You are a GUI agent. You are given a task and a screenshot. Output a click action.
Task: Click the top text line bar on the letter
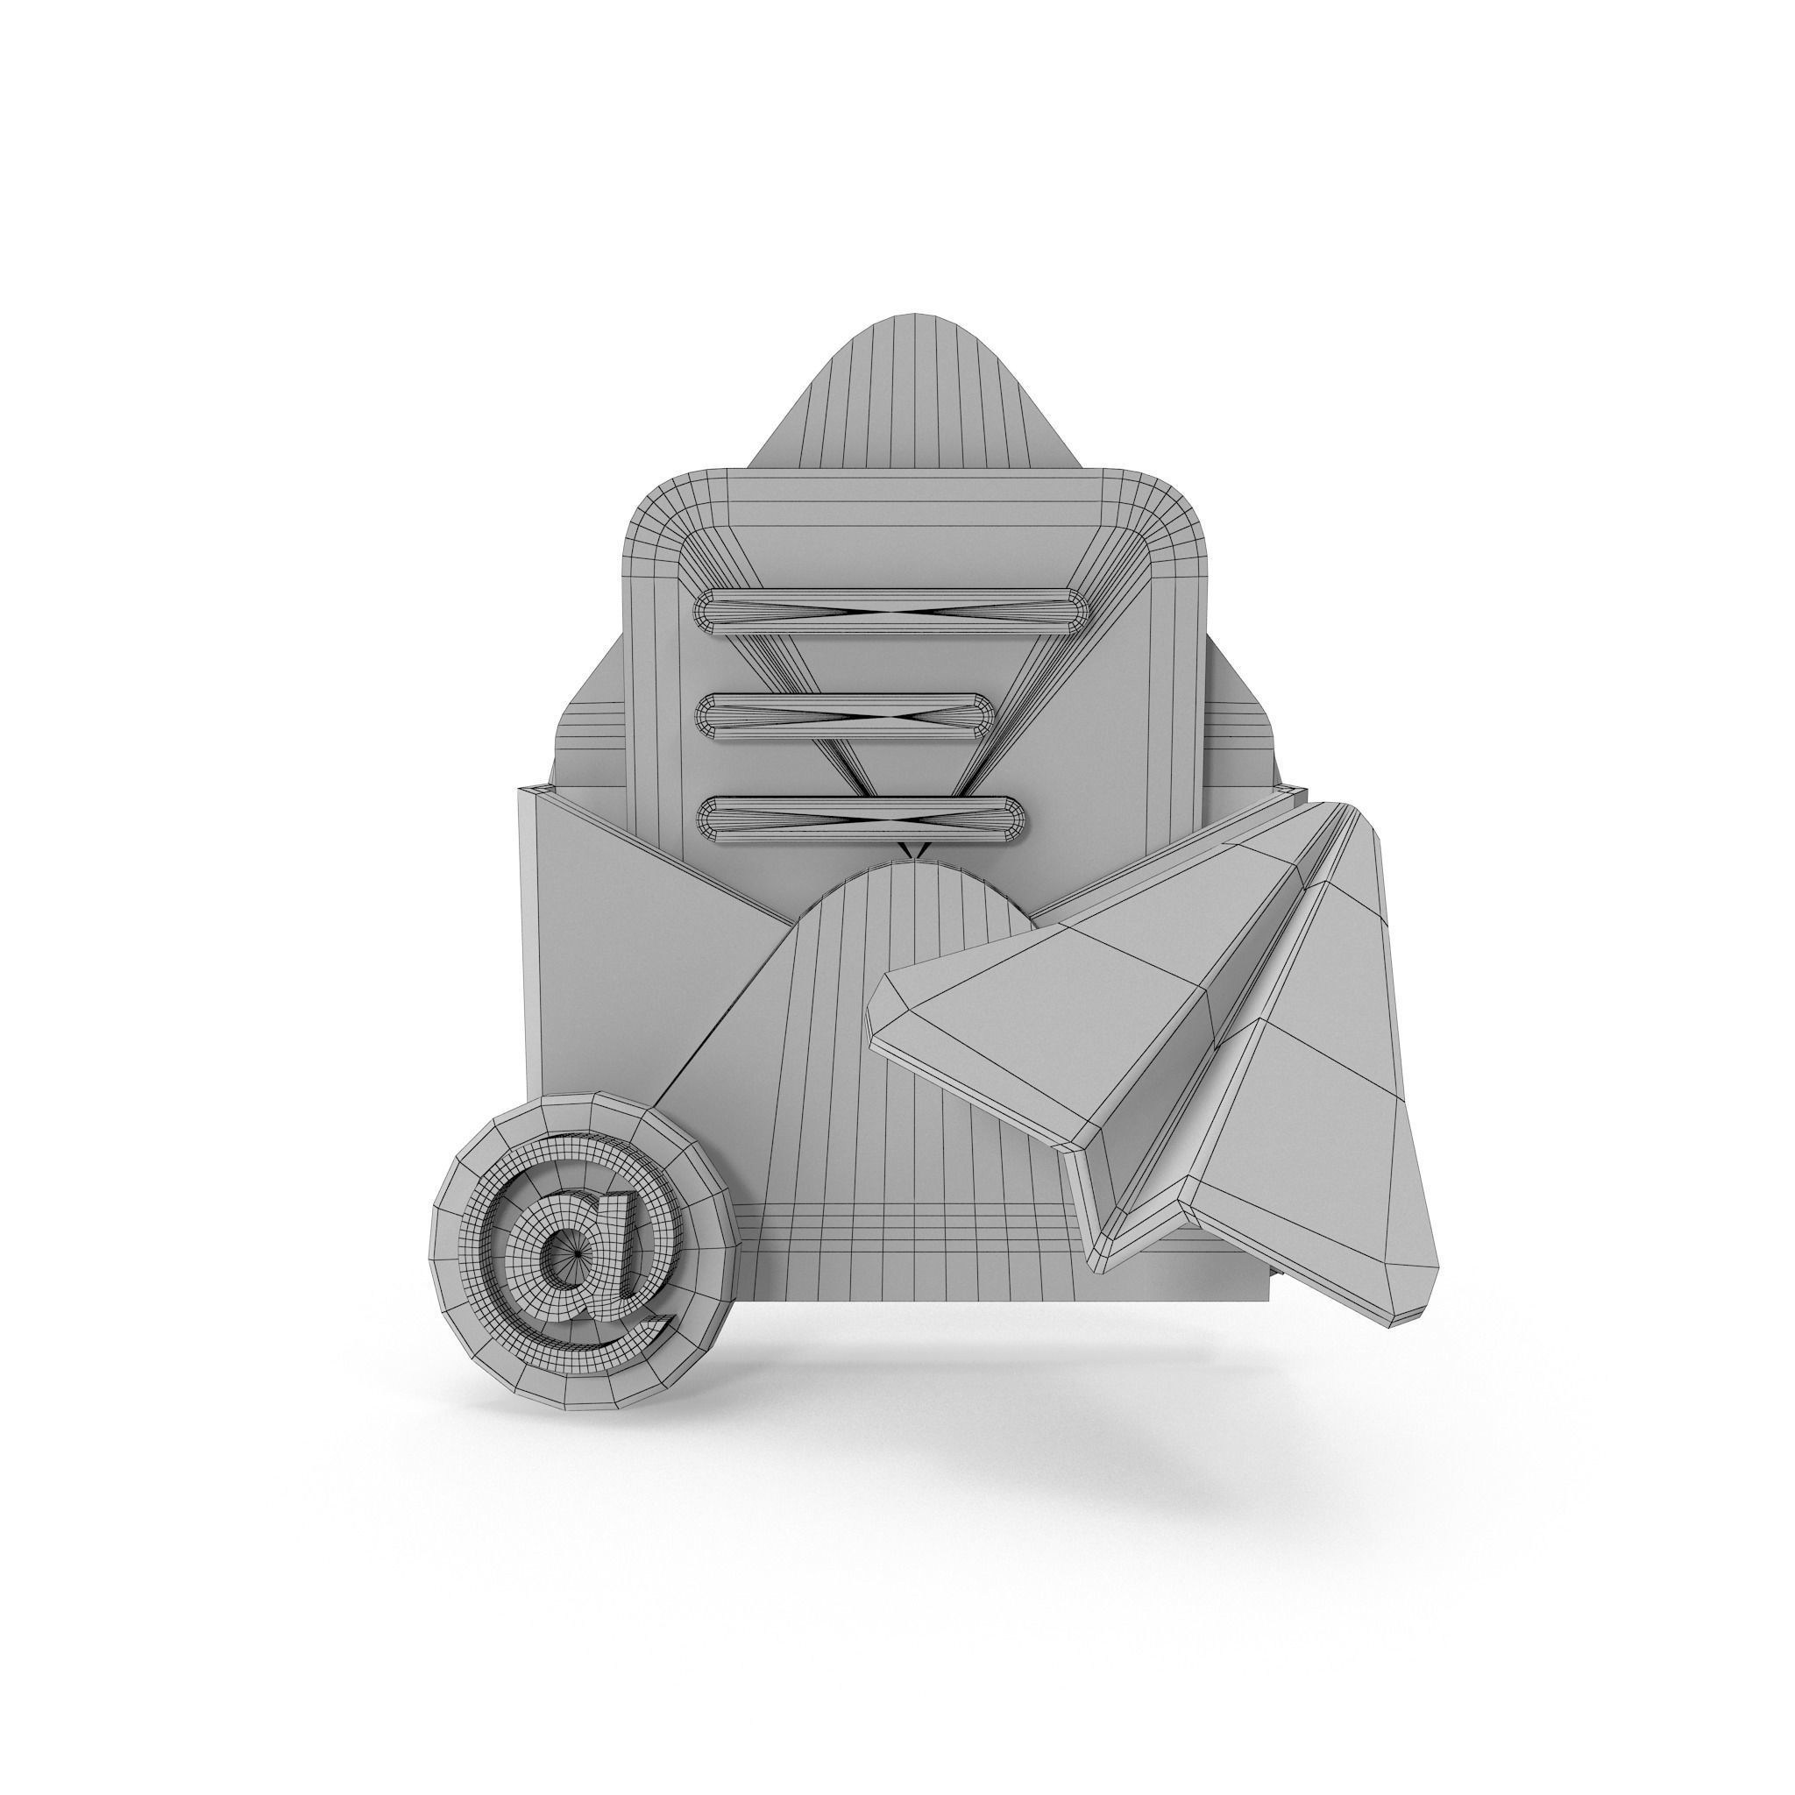[892, 610]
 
